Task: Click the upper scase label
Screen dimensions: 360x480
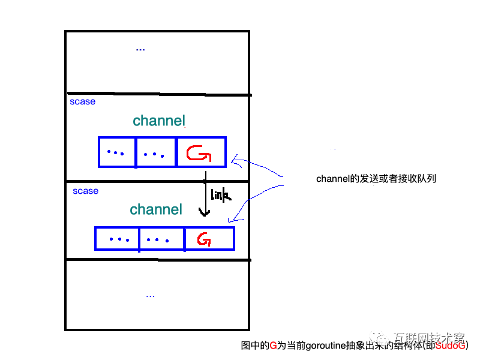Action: pos(82,102)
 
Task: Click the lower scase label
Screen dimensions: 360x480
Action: pos(85,191)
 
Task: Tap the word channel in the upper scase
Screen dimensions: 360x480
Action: pos(159,121)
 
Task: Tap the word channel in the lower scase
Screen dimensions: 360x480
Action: pos(156,209)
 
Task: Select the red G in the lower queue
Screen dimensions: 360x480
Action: pos(205,240)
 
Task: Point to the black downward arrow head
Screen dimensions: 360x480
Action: pos(205,212)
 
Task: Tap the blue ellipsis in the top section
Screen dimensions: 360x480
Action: pos(140,49)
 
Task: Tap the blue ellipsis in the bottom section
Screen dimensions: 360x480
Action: pos(150,296)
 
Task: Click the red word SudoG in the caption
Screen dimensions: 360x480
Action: pos(450,345)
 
